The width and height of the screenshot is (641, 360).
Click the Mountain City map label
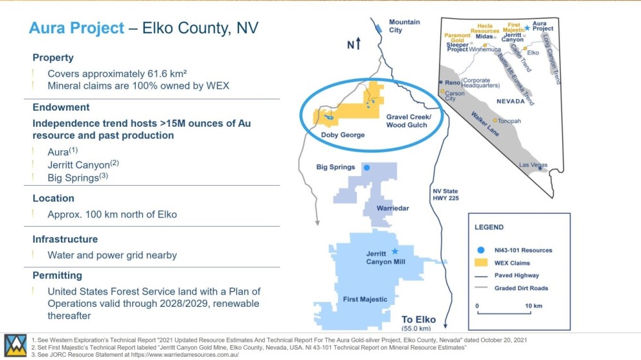pos(404,26)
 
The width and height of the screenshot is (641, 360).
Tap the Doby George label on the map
pos(342,135)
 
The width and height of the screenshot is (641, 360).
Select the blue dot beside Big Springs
pos(367,168)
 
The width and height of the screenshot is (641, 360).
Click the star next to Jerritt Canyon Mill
pos(394,251)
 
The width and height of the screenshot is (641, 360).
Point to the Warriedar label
pos(392,208)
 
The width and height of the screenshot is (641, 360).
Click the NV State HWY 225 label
pos(445,195)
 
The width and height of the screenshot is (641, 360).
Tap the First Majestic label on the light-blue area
pos(365,299)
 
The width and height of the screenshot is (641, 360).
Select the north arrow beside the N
pos(358,43)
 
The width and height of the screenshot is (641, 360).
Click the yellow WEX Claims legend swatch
pos(481,263)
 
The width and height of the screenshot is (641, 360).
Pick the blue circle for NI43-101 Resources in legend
pos(481,250)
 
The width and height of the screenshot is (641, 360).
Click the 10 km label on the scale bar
pos(533,306)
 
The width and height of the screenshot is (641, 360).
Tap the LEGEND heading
pos(489,227)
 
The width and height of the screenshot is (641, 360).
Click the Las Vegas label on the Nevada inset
pos(533,165)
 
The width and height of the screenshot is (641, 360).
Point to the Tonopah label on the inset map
pos(509,121)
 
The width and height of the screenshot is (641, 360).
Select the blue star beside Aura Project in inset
pos(528,28)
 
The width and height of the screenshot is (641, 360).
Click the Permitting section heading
pos(57,275)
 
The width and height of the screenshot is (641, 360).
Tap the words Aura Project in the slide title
pos(76,28)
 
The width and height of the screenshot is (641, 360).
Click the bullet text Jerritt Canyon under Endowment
pos(79,165)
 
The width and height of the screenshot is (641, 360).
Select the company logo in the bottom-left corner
pos(15,346)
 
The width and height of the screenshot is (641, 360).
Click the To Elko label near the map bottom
pos(419,320)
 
